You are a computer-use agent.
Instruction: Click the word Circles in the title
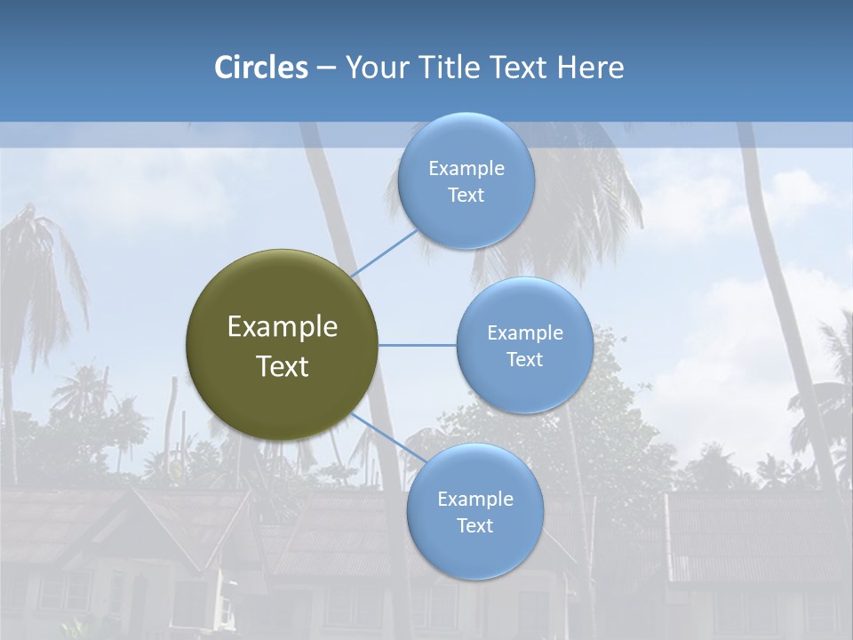260,68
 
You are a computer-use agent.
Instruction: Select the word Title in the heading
450,68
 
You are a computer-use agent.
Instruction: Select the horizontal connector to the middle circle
417,345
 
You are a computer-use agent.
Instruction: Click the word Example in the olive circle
282,327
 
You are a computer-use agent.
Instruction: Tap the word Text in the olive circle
282,366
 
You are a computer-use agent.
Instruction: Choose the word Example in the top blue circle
466,169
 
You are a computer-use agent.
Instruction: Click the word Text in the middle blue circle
524,359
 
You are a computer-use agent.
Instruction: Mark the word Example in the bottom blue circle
474,500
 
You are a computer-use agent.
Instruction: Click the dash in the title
326,68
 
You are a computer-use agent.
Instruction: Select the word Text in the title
517,68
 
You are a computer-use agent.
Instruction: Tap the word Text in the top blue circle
466,196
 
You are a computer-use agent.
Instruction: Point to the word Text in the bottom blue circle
474,526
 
